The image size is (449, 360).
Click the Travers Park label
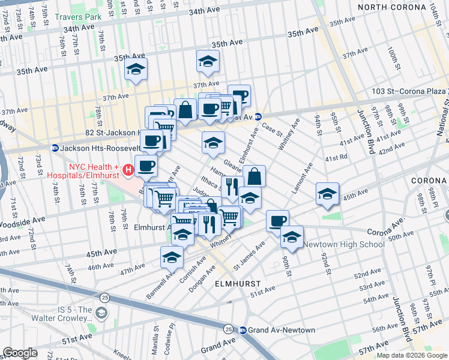point(77,17)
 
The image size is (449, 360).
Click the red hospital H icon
point(128,171)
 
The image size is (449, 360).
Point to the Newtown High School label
point(343,244)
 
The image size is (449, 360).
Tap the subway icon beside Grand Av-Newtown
point(243,330)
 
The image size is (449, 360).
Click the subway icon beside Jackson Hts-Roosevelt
point(55,148)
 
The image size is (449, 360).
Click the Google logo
point(20,352)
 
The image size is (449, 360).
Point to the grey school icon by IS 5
point(101,313)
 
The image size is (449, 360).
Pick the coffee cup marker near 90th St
point(277,221)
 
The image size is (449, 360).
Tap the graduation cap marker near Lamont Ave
point(327,193)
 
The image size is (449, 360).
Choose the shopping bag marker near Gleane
point(255,176)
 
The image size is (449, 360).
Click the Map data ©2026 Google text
point(412,355)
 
